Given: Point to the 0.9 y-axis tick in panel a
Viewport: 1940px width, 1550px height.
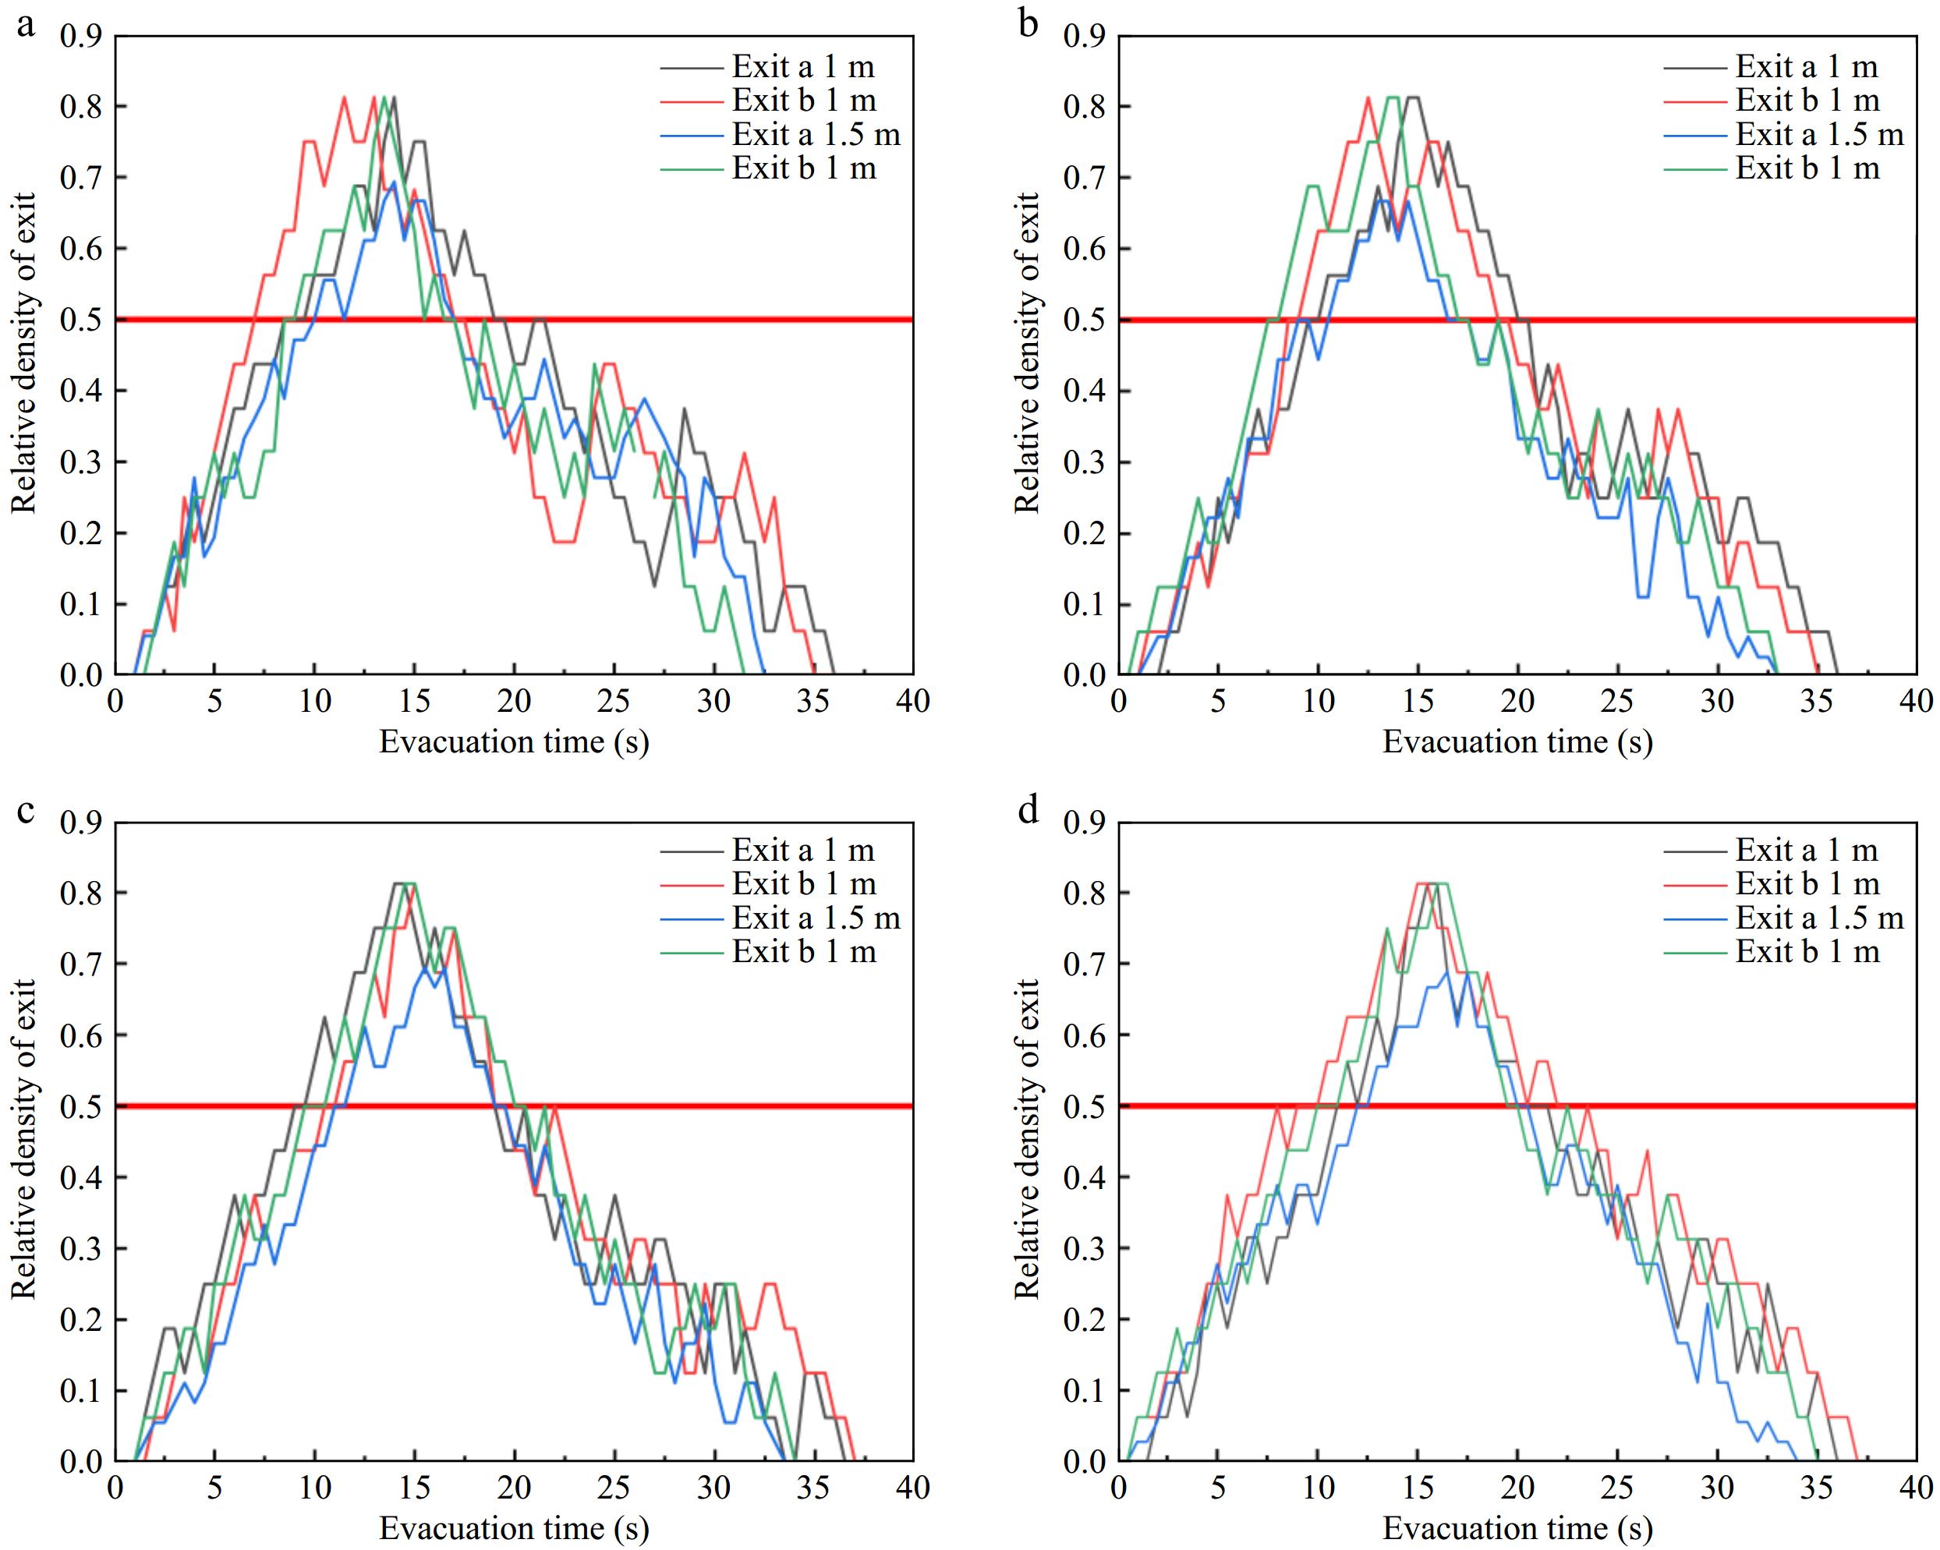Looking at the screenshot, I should [x=81, y=36].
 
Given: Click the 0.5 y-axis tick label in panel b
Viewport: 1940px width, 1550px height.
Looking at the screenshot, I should [x=1085, y=320].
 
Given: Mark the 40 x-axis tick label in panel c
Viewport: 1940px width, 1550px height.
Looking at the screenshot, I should [x=912, y=1487].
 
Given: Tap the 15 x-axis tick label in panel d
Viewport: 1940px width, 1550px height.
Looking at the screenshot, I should [x=1418, y=1487].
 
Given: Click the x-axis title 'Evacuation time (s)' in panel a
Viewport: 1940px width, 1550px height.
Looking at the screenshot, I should [x=514, y=741].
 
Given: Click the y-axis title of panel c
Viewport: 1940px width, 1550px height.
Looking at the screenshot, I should [x=23, y=1139].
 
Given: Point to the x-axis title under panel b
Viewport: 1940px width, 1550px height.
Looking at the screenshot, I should [x=1517, y=741].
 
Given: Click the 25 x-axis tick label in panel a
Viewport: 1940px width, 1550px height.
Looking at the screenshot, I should [x=614, y=701].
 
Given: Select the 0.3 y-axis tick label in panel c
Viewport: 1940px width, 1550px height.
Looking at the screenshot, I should [x=81, y=1248].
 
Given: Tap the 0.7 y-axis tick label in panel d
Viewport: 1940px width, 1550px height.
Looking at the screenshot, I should [x=1085, y=964].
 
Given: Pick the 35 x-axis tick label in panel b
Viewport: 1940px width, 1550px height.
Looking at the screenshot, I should [x=1816, y=701].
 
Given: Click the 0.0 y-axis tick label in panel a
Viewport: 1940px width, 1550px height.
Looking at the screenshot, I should [x=81, y=674].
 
